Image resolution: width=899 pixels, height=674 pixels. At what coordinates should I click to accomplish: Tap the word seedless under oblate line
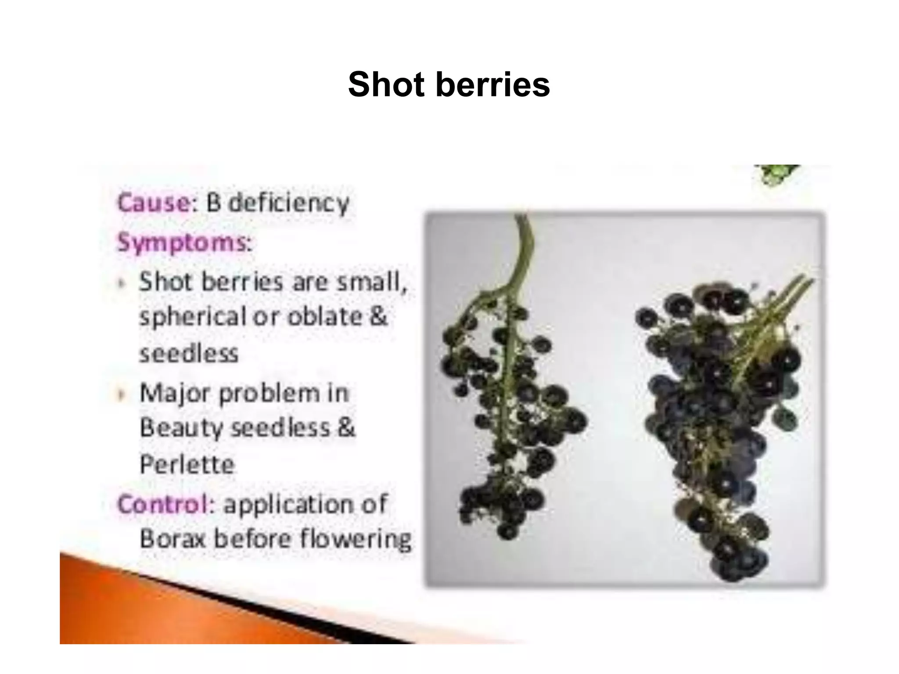click(189, 354)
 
